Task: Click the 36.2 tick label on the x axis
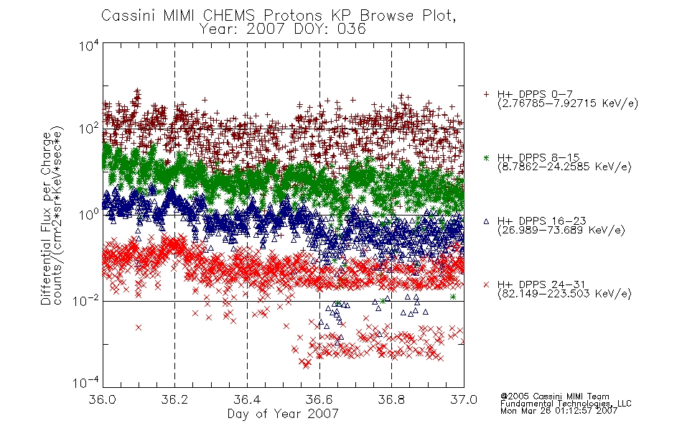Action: [x=174, y=399]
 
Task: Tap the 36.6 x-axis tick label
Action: [x=319, y=399]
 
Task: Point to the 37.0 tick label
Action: [x=464, y=399]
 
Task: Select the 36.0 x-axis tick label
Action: [x=102, y=399]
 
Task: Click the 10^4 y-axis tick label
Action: [x=89, y=45]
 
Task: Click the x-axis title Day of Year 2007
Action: [x=283, y=414]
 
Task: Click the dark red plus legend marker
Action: [x=486, y=94]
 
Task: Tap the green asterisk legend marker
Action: [x=486, y=157]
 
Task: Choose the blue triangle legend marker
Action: [x=486, y=221]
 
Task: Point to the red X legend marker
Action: [x=486, y=284]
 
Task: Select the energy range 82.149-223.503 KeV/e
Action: [x=564, y=294]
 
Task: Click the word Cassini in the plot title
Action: [x=129, y=16]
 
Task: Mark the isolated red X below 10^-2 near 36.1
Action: [x=139, y=328]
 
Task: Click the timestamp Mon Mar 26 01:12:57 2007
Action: [x=559, y=411]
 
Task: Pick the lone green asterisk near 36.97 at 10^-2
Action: [x=453, y=297]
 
